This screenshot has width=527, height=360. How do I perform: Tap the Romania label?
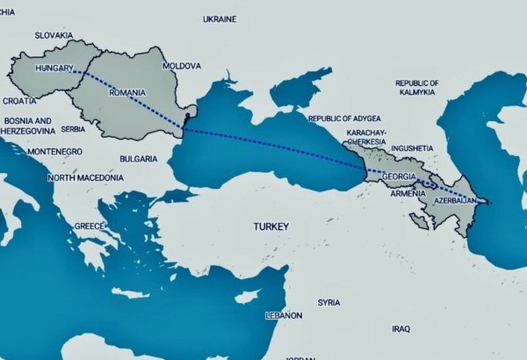(x=126, y=91)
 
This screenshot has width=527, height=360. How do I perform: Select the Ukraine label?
(x=220, y=18)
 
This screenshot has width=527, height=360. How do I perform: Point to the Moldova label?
(x=183, y=66)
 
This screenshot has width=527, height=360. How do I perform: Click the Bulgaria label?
(x=139, y=159)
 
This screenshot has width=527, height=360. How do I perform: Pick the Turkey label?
(x=271, y=227)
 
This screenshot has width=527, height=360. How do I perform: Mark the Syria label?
(x=328, y=302)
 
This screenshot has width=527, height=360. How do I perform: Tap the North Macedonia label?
(x=85, y=177)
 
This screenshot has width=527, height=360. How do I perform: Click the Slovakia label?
(x=53, y=36)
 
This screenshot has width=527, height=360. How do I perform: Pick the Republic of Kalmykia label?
(x=416, y=87)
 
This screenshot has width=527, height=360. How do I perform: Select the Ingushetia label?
(x=412, y=148)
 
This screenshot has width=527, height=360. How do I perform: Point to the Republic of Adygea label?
(x=347, y=117)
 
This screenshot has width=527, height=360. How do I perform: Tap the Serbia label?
(x=73, y=129)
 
